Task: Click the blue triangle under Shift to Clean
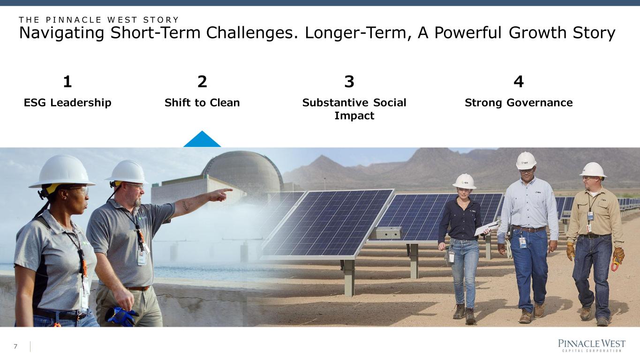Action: point(202,141)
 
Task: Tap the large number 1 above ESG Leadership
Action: point(67,82)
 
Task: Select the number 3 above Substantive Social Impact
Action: point(349,82)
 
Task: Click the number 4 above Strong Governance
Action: point(519,82)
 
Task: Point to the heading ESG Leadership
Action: point(68,103)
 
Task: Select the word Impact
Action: point(354,116)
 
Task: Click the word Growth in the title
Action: point(538,32)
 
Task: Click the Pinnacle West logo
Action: point(592,345)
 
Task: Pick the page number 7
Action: point(15,346)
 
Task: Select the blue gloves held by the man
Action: point(121,316)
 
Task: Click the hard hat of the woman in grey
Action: point(62,172)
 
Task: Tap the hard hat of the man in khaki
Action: point(593,170)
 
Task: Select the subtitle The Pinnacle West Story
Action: point(99,20)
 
